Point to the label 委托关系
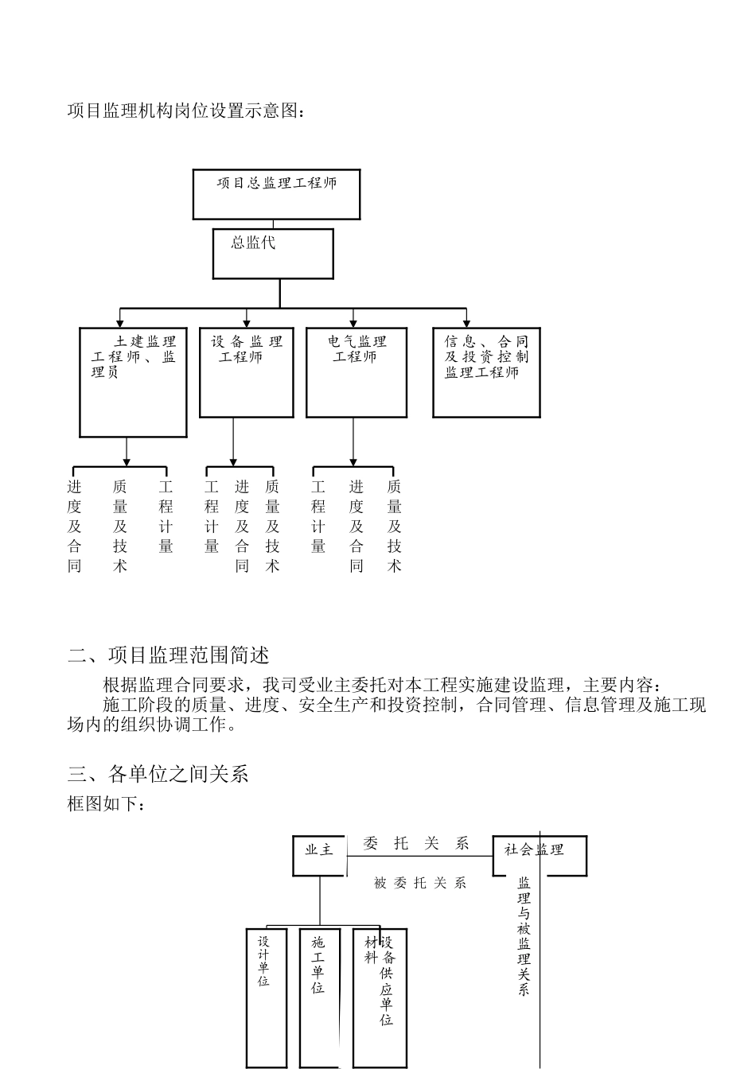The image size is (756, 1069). click(x=416, y=844)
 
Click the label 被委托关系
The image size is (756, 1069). click(x=420, y=883)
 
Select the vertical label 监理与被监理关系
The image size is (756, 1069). click(x=524, y=936)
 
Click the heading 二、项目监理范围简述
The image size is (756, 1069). click(x=169, y=655)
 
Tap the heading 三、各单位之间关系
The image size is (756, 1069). click(x=158, y=774)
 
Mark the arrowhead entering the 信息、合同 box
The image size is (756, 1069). click(x=466, y=324)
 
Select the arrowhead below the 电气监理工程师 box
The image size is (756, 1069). click(x=353, y=462)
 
